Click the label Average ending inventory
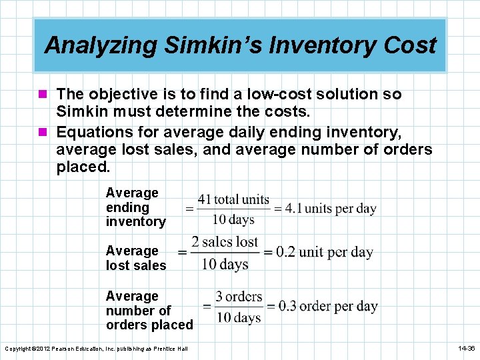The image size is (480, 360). [x=135, y=207]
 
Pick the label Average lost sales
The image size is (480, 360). [x=135, y=258]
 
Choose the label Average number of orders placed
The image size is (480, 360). [x=149, y=311]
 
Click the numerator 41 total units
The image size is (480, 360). [x=233, y=199]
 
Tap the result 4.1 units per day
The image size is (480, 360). [x=331, y=208]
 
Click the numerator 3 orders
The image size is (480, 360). [x=239, y=297]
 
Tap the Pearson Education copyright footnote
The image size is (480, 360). [x=96, y=349]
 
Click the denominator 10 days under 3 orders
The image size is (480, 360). [x=238, y=317]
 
